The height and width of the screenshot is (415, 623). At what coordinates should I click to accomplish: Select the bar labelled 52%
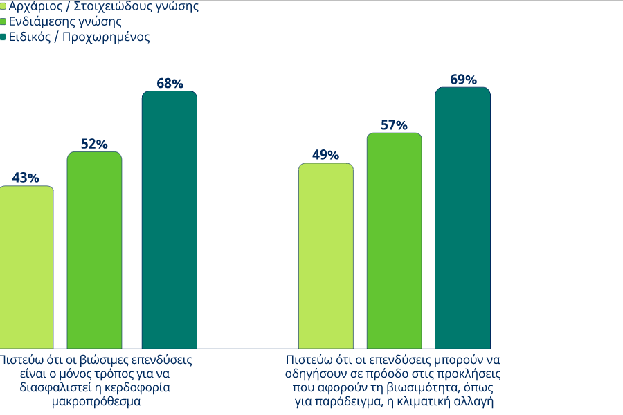tap(94, 250)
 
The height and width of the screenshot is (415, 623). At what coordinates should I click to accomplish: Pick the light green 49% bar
tap(325, 256)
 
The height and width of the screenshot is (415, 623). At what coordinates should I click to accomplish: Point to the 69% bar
tap(462, 218)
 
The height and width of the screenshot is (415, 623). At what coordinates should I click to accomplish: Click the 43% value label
tap(26, 178)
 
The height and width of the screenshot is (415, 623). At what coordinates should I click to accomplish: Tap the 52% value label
tap(94, 144)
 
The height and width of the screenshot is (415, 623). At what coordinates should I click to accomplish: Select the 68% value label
tap(170, 84)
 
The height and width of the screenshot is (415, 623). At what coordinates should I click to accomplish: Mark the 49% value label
tap(325, 155)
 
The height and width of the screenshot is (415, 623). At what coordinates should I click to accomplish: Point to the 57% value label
tap(394, 125)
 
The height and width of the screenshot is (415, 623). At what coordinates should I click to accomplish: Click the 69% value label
tap(463, 80)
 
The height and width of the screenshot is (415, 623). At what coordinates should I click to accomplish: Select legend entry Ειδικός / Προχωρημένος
tap(79, 37)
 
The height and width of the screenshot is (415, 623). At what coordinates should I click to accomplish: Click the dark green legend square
tap(3, 37)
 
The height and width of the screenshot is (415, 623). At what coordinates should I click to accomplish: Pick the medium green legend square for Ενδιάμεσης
tap(3, 22)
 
